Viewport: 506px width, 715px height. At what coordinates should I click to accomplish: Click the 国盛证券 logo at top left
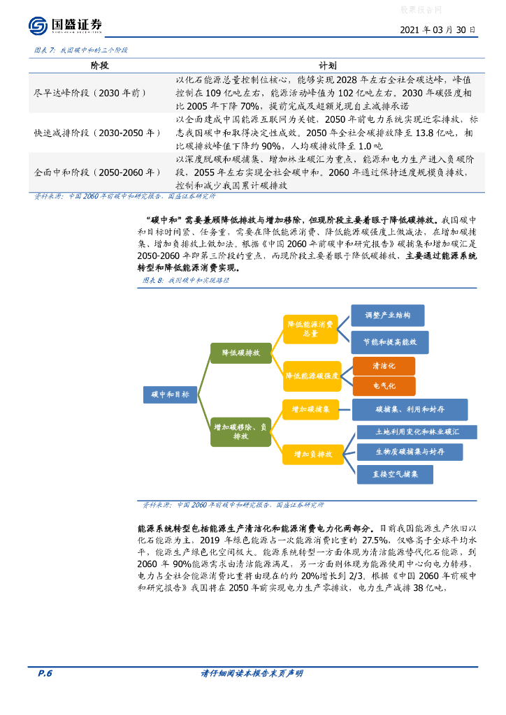point(66,26)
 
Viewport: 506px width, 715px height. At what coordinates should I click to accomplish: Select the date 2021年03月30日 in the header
point(438,30)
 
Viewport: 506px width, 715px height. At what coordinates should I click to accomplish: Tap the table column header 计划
point(328,65)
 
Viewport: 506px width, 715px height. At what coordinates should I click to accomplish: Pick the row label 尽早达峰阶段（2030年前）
point(91,91)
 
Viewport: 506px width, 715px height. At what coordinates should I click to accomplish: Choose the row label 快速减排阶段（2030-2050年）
point(97,132)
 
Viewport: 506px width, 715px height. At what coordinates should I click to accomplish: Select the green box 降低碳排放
point(240,353)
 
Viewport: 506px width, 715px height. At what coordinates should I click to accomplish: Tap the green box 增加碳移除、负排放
point(240,431)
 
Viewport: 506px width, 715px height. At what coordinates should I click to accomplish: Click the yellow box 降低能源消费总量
point(310,329)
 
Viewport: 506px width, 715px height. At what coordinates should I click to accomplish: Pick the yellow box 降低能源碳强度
point(312,376)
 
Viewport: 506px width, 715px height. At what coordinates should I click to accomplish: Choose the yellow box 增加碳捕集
point(310,409)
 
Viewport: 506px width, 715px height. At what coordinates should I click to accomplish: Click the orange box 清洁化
point(384,366)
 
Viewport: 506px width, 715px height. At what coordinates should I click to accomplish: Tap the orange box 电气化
point(384,386)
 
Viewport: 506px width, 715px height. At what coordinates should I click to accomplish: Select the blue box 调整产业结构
point(387,315)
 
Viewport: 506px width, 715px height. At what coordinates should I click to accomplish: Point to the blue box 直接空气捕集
point(395,474)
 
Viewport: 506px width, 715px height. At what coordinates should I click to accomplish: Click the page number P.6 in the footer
point(45,673)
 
